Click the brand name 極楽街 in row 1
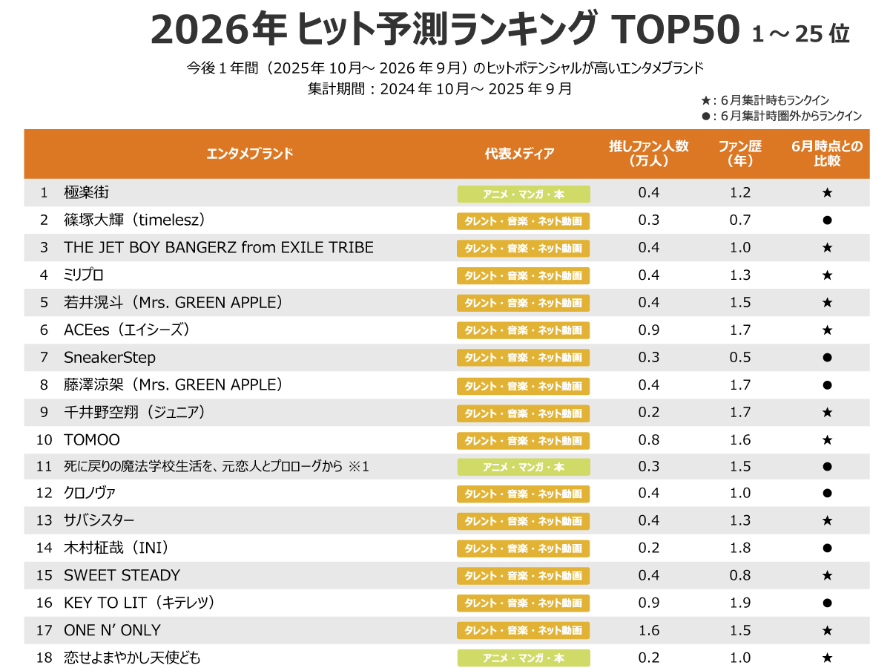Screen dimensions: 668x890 point(87,193)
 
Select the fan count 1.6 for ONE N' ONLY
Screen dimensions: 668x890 point(648,630)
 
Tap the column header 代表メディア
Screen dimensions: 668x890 point(519,154)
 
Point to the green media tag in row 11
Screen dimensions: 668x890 point(523,467)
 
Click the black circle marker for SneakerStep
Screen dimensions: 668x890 point(827,358)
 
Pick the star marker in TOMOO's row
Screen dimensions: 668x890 point(827,440)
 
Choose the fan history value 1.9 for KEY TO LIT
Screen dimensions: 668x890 point(739,603)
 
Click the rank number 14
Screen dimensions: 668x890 point(44,548)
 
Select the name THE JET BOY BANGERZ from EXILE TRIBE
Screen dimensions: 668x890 point(219,248)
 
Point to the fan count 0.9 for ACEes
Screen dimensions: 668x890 point(648,330)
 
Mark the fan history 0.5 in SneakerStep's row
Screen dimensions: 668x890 point(739,358)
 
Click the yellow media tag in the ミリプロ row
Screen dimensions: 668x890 point(523,275)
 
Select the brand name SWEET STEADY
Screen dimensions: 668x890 point(122,575)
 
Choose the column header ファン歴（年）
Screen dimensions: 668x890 point(739,154)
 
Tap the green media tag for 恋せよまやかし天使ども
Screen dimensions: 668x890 point(523,658)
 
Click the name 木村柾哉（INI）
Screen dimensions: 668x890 point(118,548)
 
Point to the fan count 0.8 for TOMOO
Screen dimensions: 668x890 point(648,440)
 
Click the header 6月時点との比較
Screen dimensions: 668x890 point(827,154)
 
